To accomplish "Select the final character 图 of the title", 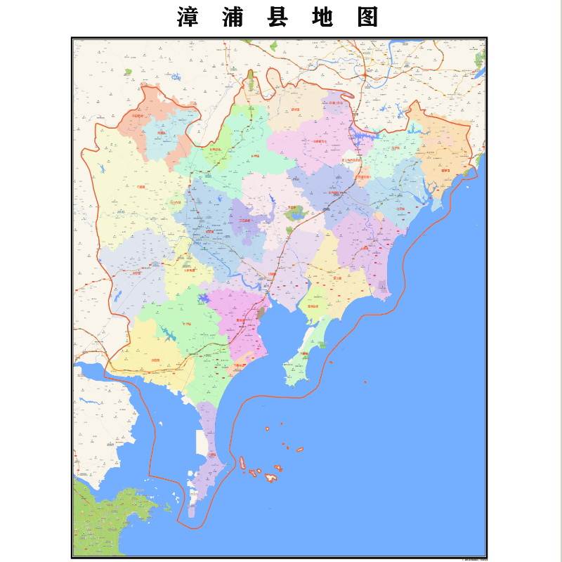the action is point(367,17).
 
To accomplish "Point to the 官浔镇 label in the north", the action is point(295,110).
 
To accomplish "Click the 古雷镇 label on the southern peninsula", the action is point(211,455).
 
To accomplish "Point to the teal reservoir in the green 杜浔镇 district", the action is point(169,334).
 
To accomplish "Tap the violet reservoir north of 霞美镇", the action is point(204,299).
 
